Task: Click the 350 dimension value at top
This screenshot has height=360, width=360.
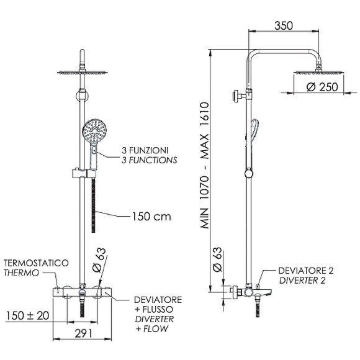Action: (284, 25)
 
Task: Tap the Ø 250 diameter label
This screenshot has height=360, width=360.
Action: (322, 87)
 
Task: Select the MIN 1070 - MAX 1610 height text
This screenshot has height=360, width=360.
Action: (205, 165)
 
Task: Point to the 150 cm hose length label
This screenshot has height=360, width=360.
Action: (151, 217)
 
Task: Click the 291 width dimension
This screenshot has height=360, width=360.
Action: (83, 333)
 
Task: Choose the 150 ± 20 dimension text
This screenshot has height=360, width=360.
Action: (27, 316)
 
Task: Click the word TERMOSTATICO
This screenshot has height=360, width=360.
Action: (36, 263)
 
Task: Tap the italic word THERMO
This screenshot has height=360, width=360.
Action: (21, 272)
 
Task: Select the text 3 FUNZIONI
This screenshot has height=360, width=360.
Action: (145, 150)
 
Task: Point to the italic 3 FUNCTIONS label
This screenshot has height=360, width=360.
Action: (149, 160)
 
